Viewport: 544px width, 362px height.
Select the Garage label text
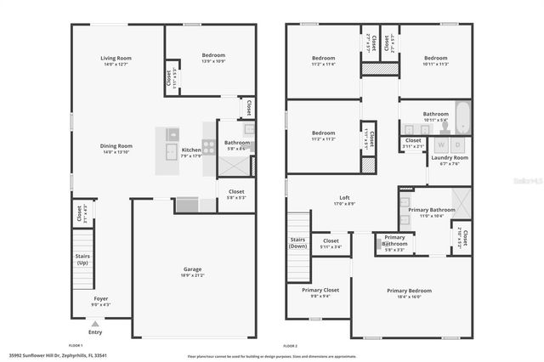pos(192,269)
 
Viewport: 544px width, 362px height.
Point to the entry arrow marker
pos(94,324)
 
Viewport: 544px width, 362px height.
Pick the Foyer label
pos(101,298)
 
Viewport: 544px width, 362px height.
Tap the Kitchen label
pos(191,150)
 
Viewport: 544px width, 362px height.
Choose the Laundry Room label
pos(449,158)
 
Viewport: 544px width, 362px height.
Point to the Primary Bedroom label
pos(410,291)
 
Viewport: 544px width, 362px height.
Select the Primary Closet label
pos(320,290)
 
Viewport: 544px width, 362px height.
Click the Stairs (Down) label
pos(298,242)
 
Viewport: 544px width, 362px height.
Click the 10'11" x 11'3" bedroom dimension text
pos(435,63)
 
